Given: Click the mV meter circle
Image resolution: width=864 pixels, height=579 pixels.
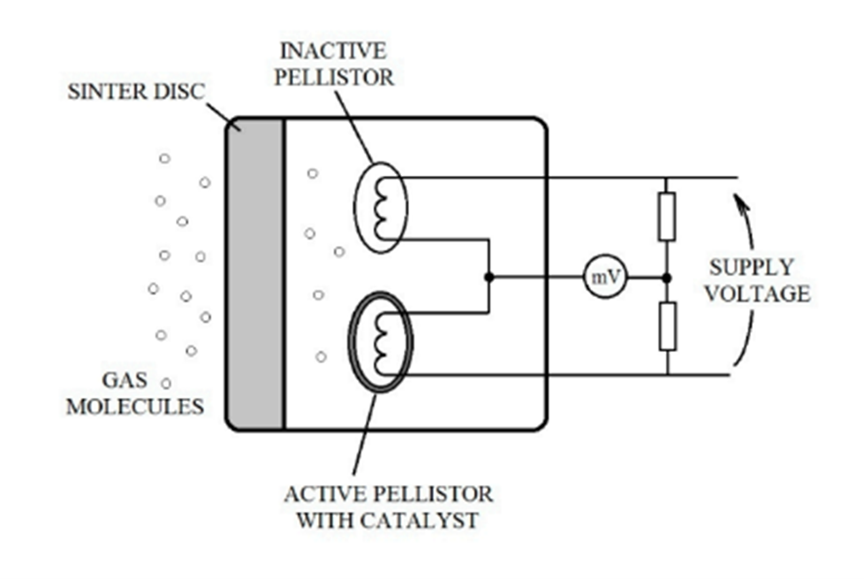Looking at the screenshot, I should coord(605,278).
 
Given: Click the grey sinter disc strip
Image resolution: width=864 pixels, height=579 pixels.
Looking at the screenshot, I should coord(254,274).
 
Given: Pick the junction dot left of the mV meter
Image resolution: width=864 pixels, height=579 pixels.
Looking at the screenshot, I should coord(489,278).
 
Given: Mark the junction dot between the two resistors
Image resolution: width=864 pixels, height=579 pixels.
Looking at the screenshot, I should coord(667,278).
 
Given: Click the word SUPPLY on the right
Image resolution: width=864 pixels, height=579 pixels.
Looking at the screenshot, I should coord(751,267).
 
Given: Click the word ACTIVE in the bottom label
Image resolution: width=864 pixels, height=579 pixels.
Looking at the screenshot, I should coord(321,493).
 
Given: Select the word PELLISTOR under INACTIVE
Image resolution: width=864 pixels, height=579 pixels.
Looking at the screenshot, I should coord(334,77).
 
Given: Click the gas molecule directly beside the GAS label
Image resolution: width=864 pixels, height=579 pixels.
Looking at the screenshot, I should coord(166,383).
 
